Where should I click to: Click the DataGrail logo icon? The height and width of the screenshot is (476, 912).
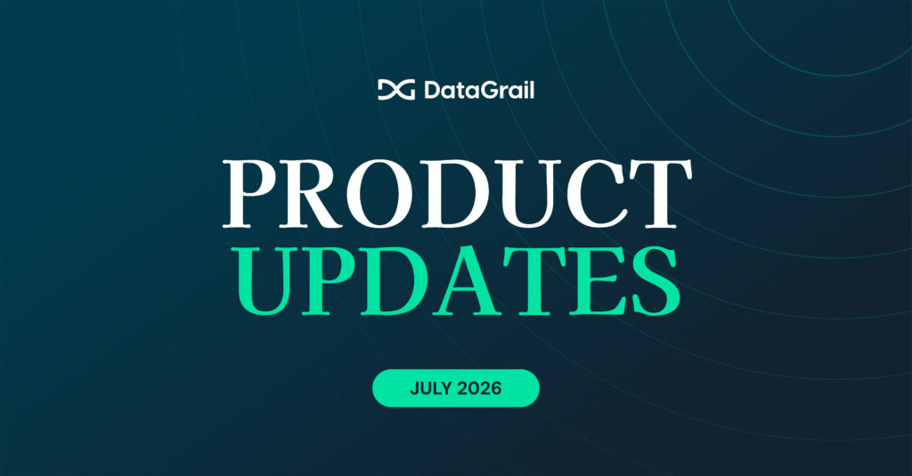pos(396,90)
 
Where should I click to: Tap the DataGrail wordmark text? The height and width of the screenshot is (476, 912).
pos(479,90)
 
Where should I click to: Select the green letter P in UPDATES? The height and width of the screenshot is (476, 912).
pos(330,281)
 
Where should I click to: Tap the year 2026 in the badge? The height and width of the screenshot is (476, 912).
pos(479,388)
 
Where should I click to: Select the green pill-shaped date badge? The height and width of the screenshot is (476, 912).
pos(455,388)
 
